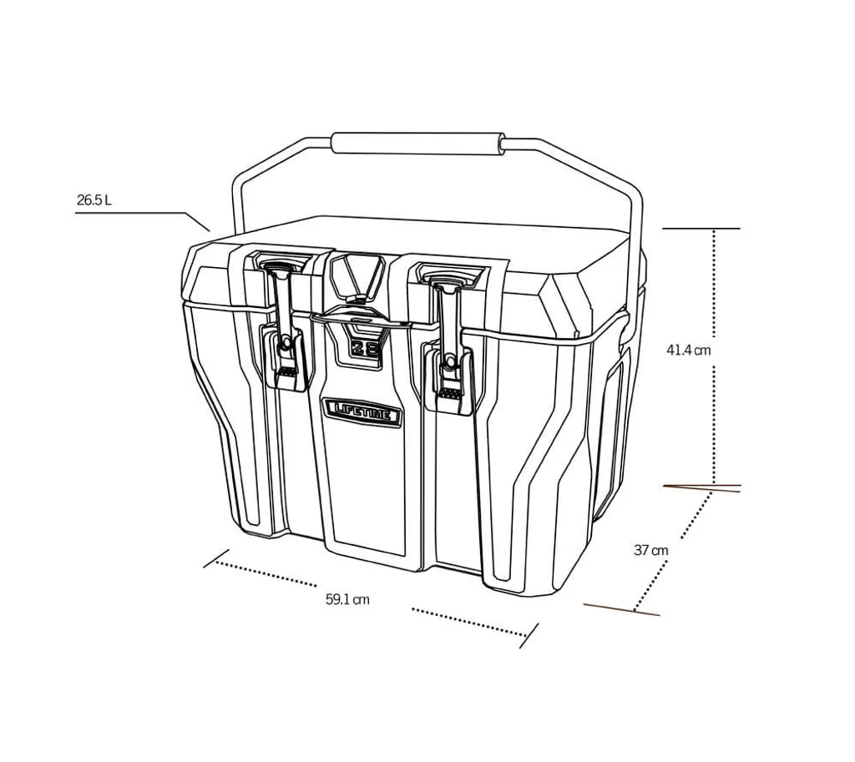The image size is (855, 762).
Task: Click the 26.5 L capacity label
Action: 94,200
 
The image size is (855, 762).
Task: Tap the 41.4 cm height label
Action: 688,351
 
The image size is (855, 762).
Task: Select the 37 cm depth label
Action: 650,550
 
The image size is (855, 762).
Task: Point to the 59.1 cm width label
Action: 347,599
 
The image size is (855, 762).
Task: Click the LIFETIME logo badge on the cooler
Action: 362,409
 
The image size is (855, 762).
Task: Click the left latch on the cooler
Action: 284,330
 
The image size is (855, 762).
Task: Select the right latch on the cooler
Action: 449,342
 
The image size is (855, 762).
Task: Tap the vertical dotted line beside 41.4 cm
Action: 715,292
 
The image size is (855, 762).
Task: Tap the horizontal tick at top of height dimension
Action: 701,228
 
